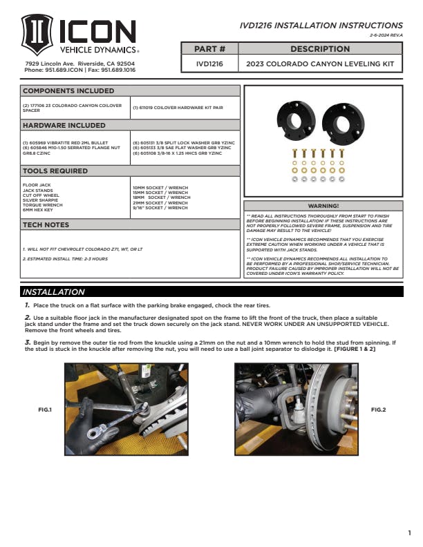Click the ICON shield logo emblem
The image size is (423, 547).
37,36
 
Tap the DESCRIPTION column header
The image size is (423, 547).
320,49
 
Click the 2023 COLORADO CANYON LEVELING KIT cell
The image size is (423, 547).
320,64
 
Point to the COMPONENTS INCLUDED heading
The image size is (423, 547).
68,90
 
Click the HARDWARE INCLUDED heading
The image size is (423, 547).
64,125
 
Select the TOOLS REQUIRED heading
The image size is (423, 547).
55,171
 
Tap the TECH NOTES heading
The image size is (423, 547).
46,224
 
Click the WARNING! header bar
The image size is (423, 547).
323,206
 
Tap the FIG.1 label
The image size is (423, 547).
44,410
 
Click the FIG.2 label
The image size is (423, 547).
378,410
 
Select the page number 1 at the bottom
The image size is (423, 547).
409,532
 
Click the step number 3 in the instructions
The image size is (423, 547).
27,343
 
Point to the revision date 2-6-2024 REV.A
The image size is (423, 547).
386,35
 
